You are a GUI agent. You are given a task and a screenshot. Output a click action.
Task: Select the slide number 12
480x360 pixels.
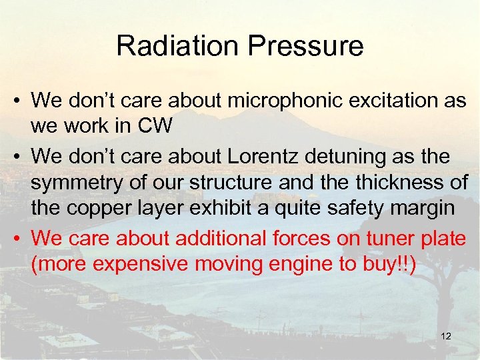(x=446, y=336)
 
